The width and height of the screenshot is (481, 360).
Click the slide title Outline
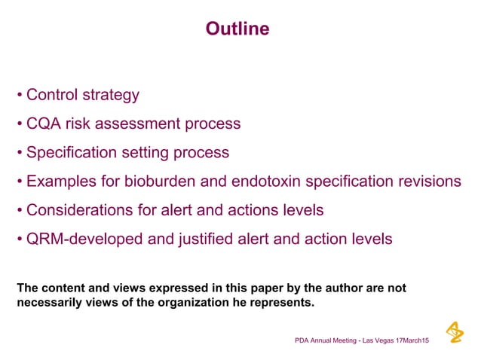(x=237, y=29)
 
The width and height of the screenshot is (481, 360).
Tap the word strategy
(x=111, y=96)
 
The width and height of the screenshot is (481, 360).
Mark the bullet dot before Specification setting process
(x=20, y=153)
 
